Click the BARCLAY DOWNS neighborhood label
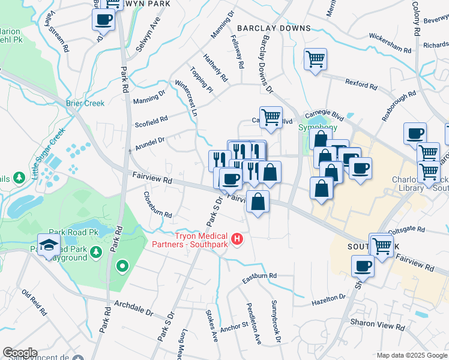274,28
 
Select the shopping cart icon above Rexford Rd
315,59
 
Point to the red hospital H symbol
237,240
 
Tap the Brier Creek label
85,103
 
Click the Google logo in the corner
20,353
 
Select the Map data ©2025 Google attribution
412,355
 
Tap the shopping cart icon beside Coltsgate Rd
382,245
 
